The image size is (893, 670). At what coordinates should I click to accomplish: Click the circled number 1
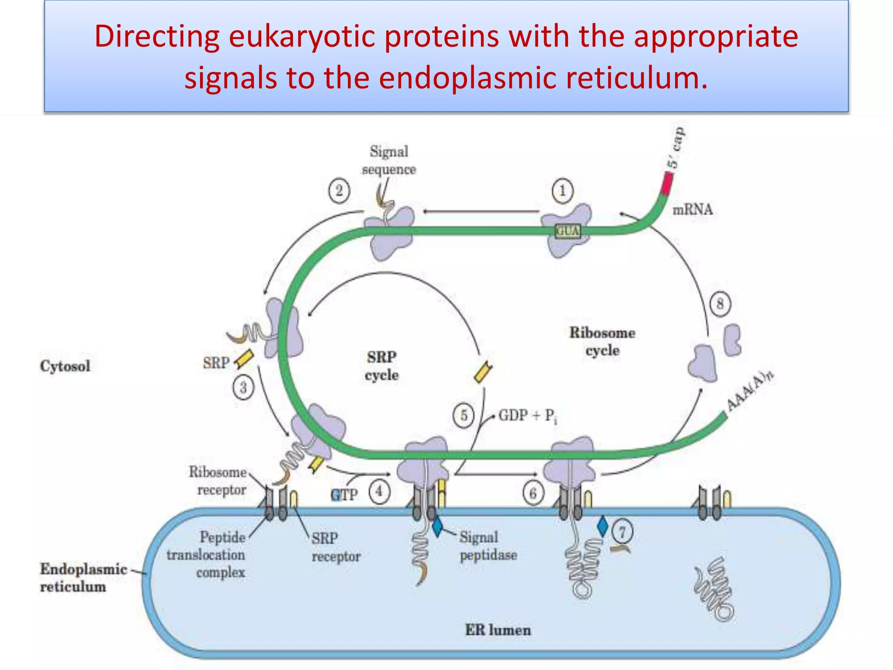562,191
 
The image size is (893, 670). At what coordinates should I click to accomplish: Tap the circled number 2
339,191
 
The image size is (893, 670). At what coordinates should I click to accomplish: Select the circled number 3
243,387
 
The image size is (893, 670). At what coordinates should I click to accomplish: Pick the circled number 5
464,415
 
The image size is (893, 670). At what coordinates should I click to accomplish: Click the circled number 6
533,494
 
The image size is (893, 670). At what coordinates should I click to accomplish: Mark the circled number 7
622,532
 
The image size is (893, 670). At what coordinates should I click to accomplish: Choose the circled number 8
720,303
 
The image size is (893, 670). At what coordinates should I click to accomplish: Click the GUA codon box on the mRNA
568,231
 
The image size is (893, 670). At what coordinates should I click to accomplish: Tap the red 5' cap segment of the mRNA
667,183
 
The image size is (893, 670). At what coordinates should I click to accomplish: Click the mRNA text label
692,210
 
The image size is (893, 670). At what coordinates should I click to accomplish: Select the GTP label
344,495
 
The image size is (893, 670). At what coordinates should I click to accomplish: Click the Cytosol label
65,366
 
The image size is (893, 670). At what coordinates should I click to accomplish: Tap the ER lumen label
498,630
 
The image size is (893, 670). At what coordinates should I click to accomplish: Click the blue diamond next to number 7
603,526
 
